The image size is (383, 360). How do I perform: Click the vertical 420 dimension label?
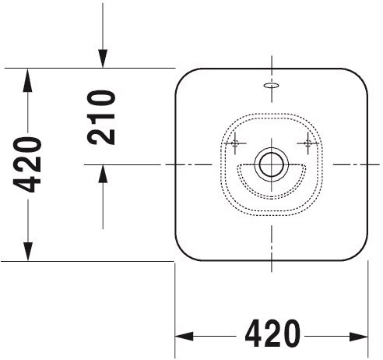tap(27, 164)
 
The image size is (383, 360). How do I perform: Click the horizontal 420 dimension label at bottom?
tap(272, 334)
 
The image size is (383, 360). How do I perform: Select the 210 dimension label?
tap(101, 117)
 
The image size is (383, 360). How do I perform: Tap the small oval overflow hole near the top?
tap(272, 85)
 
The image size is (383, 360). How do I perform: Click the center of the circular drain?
tap(272, 164)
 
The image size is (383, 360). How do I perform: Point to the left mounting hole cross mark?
tap(235, 143)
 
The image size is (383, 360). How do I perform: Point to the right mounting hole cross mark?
tap(308, 143)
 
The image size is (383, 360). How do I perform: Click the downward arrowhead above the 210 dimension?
tap(103, 58)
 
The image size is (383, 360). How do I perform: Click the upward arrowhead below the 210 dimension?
tap(103, 174)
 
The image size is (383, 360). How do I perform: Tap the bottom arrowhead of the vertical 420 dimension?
tap(28, 251)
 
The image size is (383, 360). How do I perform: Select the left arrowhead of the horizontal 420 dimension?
tap(184, 337)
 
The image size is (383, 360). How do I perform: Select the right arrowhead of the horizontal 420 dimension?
tap(359, 337)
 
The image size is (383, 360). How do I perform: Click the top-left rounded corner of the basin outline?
tap(181, 75)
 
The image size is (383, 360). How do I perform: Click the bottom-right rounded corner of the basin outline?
tap(361, 254)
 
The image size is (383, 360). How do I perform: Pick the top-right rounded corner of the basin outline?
tap(361, 75)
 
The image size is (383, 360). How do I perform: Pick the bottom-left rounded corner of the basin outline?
tap(181, 254)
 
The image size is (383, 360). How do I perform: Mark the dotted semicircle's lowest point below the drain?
tap(272, 198)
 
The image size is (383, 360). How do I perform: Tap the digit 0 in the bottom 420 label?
tap(291, 334)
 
